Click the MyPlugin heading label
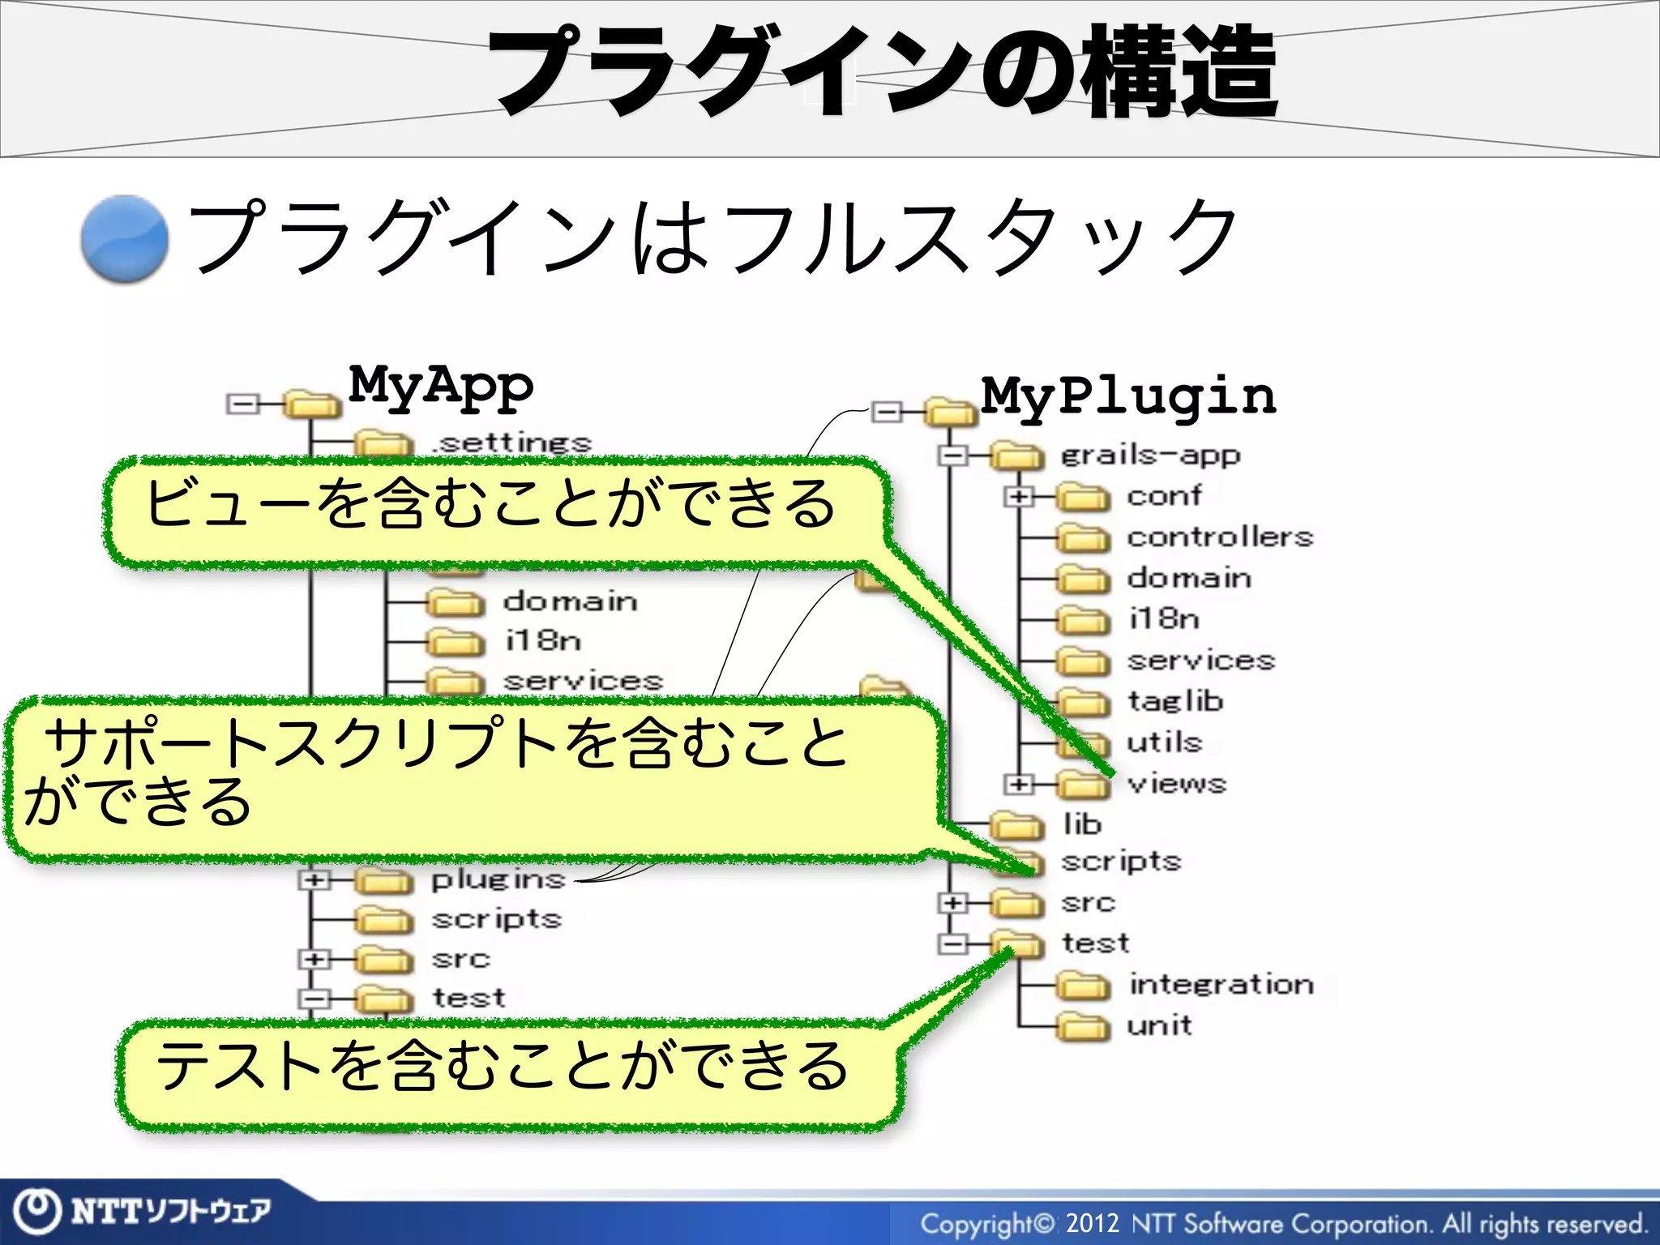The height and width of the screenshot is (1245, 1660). pyautogui.click(x=1127, y=396)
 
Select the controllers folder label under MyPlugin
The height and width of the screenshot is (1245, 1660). pyautogui.click(x=1219, y=537)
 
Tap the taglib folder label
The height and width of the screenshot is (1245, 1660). pyautogui.click(x=1174, y=701)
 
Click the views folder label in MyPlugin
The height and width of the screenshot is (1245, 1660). pyautogui.click(x=1177, y=783)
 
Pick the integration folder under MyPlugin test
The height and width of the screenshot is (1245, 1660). pyautogui.click(x=1221, y=984)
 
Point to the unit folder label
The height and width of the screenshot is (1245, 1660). pyautogui.click(x=1159, y=1025)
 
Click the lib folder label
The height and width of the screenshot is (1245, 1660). pyautogui.click(x=1082, y=824)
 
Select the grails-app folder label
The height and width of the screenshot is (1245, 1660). pyautogui.click(x=1150, y=456)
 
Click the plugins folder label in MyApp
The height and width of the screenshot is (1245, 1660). pyautogui.click(x=498, y=879)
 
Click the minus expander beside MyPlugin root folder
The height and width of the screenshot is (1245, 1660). pyautogui.click(x=887, y=413)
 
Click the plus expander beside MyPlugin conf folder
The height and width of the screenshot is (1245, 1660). pyautogui.click(x=1019, y=496)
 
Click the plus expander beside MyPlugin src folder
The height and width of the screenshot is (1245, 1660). pyautogui.click(x=953, y=902)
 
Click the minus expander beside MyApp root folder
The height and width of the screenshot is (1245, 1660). pyautogui.click(x=242, y=403)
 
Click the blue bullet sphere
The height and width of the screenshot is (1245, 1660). pyautogui.click(x=125, y=239)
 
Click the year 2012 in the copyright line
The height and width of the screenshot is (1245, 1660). pyautogui.click(x=1092, y=1222)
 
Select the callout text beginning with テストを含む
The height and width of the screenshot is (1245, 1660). pyautogui.click(x=503, y=1066)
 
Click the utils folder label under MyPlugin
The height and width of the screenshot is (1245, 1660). pyautogui.click(x=1164, y=742)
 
